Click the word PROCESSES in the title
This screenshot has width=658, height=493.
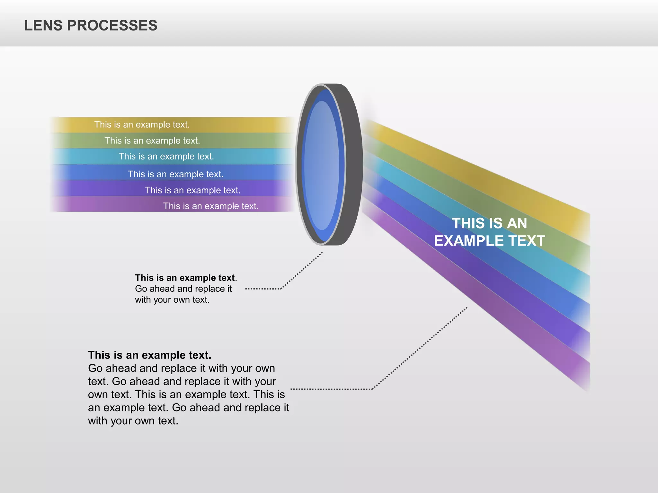pos(112,26)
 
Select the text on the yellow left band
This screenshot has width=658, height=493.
pos(142,125)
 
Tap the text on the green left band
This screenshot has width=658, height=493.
pos(152,141)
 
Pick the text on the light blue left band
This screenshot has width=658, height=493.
pos(166,156)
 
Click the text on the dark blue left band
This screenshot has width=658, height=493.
pos(175,174)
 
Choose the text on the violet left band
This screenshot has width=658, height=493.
pos(193,190)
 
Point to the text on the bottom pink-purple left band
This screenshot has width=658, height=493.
pos(211,206)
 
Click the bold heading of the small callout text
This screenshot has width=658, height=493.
pos(185,278)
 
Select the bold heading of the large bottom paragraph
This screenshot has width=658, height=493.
pos(149,355)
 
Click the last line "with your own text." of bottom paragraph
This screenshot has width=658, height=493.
pos(133,421)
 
